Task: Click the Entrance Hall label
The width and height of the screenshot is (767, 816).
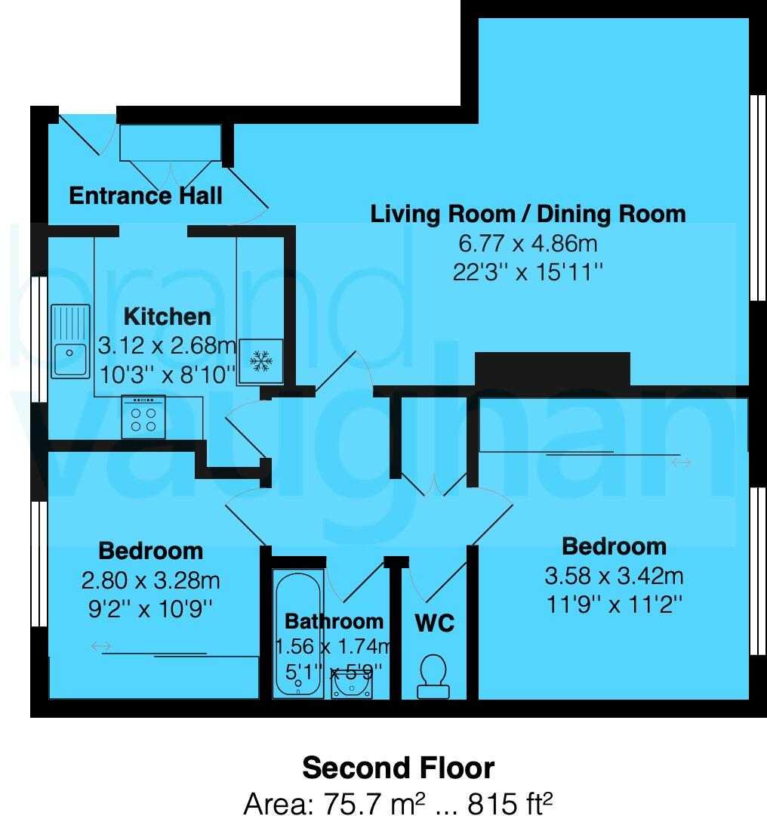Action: coord(146,196)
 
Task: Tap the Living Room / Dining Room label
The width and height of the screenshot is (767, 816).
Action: coord(528,214)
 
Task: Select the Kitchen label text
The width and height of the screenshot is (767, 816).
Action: coord(167,316)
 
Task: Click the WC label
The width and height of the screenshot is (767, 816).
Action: coord(434,623)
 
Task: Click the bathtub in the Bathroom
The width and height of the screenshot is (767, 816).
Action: coord(298,635)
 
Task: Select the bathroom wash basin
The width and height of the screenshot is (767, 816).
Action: coord(352,685)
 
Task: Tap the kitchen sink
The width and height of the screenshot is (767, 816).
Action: coord(70,342)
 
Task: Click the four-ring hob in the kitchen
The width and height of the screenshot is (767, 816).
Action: coord(143,418)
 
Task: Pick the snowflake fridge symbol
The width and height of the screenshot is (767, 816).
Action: coord(261,362)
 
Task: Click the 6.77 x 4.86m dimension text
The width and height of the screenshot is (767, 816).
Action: coord(528,244)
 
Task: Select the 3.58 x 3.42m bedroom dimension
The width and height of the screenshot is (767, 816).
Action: coord(614,576)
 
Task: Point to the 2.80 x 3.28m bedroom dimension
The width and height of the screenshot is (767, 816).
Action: coord(150,580)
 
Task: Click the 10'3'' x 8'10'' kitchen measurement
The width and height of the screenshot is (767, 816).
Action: coord(167,374)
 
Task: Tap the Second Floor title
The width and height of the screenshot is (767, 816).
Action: coord(398,768)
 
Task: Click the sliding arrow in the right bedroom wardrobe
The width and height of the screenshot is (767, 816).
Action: coord(681,462)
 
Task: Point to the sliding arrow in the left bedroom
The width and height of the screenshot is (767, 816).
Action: coord(101,646)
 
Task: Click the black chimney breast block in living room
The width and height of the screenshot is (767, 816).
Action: coord(552,369)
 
